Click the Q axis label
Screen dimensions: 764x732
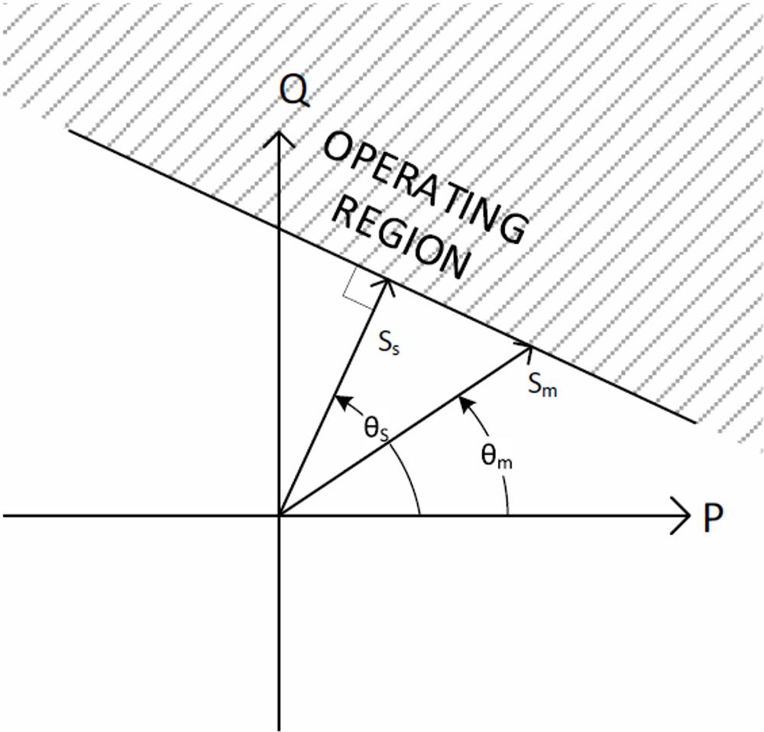293,92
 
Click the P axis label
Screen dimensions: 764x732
712,519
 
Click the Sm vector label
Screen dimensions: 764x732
542,384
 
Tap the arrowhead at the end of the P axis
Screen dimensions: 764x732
685,515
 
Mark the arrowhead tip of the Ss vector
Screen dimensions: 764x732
387,280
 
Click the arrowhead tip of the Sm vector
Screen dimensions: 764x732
531,345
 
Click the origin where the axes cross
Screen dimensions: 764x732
280,515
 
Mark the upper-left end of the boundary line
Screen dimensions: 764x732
70,131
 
